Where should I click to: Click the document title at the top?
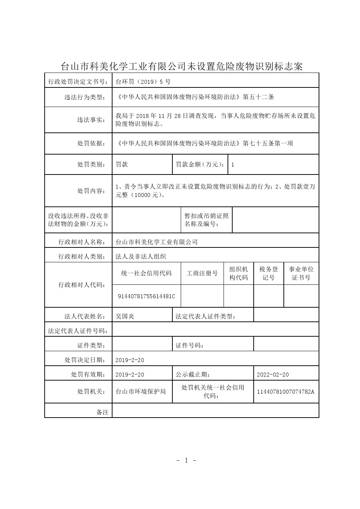(x=181, y=66)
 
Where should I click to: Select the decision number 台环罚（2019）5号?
(x=143, y=82)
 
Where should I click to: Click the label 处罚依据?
(x=91, y=143)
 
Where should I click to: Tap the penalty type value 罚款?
(x=122, y=164)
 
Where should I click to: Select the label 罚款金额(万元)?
(x=200, y=164)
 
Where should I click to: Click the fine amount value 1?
(x=233, y=165)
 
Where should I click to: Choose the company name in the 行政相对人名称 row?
(x=156, y=242)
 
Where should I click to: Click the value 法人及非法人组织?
(x=140, y=256)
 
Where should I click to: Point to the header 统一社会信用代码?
(x=146, y=273)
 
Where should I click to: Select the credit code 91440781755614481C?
(x=146, y=296)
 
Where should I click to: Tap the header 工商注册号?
(x=202, y=273)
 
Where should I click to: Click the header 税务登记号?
(x=269, y=273)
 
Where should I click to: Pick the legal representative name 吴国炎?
(x=125, y=316)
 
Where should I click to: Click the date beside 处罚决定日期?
(x=130, y=360)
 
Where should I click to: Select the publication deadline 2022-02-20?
(x=273, y=375)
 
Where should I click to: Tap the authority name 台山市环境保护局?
(x=140, y=392)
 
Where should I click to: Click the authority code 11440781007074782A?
(x=286, y=392)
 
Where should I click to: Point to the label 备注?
(x=102, y=412)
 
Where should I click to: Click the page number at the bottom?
(x=186, y=461)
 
